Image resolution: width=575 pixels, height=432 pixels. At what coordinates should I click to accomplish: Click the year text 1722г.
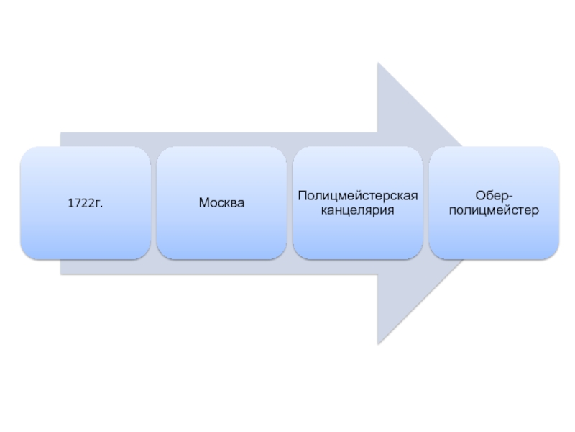[x=86, y=203]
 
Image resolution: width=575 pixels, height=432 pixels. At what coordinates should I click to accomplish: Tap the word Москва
[x=221, y=203]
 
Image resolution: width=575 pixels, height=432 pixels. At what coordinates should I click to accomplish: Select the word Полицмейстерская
[x=358, y=195]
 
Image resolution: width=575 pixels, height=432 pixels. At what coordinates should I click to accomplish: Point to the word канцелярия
[x=358, y=211]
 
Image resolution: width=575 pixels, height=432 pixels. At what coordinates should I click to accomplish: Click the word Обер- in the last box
[x=494, y=195]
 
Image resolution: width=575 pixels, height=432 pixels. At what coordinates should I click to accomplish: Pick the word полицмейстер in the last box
[x=494, y=211]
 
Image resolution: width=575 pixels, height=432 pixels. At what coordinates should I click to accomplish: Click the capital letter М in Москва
[x=204, y=203]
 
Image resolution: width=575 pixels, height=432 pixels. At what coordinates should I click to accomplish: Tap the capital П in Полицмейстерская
[x=301, y=195]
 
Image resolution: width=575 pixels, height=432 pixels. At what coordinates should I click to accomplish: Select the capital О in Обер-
[x=479, y=195]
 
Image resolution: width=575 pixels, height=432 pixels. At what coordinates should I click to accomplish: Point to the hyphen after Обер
[x=510, y=196]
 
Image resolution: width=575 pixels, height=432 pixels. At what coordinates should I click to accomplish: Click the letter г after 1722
[x=98, y=204]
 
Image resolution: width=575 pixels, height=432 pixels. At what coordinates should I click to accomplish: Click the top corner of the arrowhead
[x=378, y=63]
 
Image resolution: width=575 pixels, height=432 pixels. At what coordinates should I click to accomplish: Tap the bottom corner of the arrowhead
[x=378, y=343]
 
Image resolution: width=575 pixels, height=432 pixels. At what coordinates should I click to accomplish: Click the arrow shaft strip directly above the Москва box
[x=221, y=140]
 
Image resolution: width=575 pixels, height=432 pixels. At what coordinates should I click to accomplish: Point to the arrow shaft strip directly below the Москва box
[x=221, y=266]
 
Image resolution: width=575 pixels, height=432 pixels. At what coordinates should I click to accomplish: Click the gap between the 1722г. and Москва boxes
[x=154, y=203]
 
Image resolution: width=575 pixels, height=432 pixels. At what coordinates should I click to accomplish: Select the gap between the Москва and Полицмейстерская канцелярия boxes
[x=290, y=203]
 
